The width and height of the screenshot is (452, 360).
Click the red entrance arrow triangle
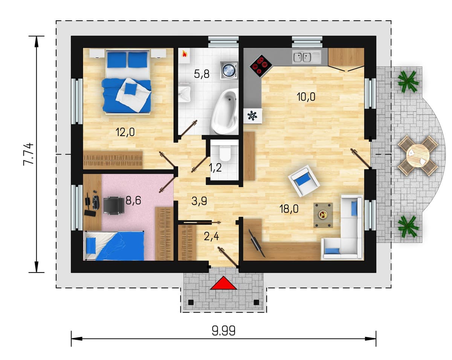point(224,283)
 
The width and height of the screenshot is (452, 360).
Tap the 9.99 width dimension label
point(224,331)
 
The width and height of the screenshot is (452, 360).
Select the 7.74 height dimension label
point(29,154)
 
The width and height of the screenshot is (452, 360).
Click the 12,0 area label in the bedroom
point(125,132)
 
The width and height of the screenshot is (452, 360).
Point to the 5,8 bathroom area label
point(202,74)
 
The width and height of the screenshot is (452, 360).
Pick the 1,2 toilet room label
point(215,168)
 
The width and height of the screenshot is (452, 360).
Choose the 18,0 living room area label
point(289,209)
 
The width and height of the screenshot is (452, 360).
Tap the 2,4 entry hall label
point(211,236)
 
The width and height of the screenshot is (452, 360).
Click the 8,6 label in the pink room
point(133,200)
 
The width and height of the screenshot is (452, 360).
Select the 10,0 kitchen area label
point(306,97)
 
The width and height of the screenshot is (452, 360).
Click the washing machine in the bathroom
point(229,70)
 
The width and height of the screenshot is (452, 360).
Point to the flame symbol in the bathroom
point(184,54)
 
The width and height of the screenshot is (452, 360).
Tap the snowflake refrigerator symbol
point(252,116)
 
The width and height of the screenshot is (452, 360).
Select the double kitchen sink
point(306,57)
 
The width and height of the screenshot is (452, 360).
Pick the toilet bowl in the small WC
point(224,153)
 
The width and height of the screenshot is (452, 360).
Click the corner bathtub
point(224,111)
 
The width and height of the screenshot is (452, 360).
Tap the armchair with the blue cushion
point(304,181)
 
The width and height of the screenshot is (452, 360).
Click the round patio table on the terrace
point(418,156)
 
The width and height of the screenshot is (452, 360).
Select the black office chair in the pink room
point(114,205)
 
